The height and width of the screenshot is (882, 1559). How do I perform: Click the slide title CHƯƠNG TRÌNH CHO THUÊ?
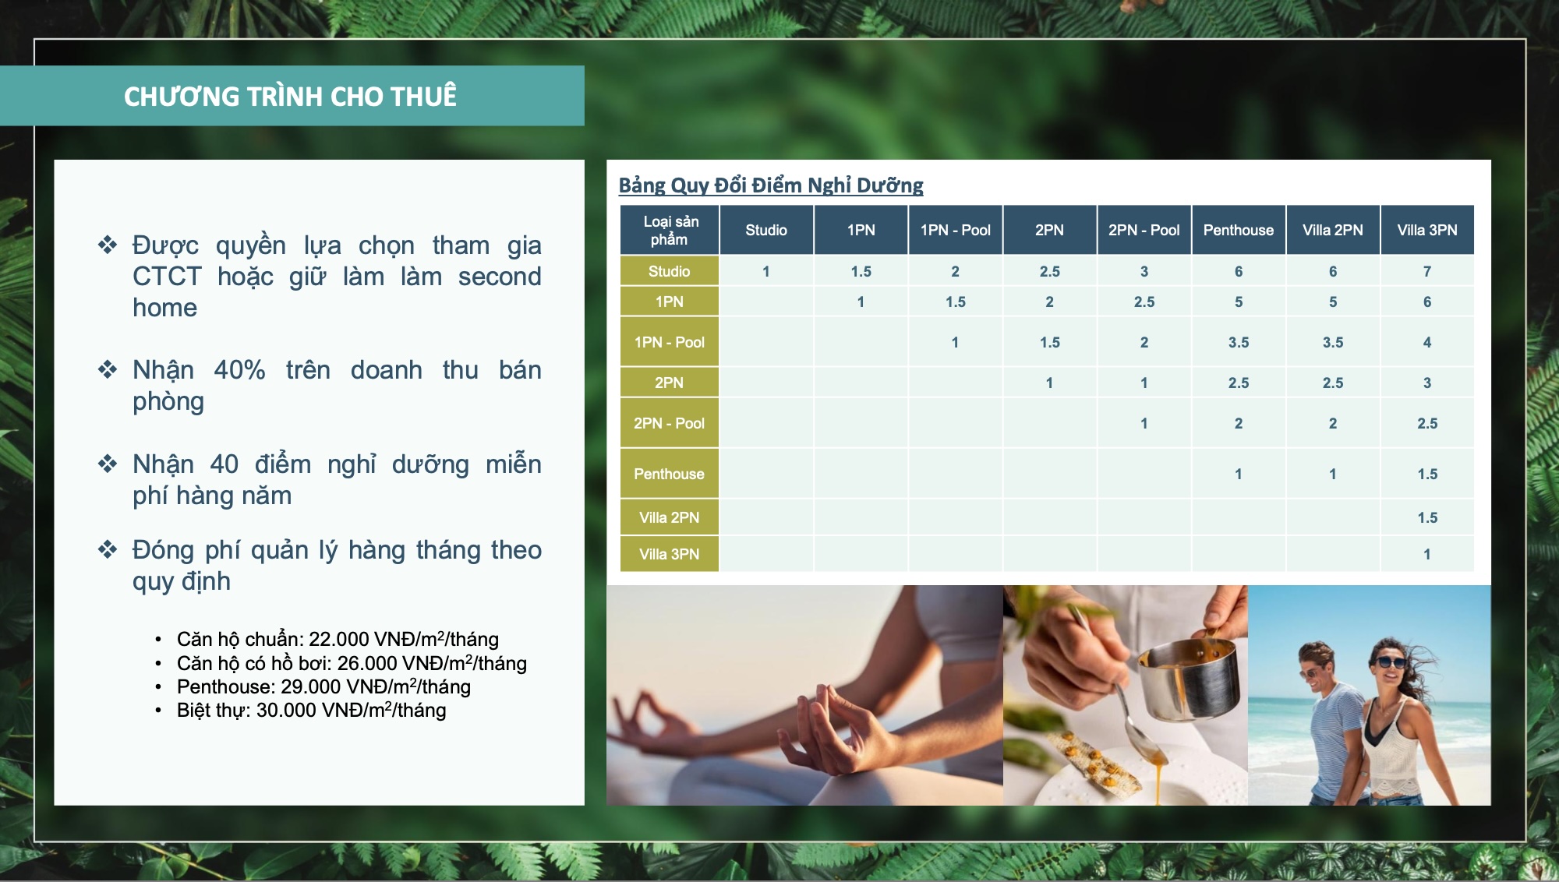point(290,96)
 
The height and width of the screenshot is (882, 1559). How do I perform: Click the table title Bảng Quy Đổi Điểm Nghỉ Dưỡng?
point(771,185)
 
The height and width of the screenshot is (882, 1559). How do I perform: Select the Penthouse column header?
point(1239,230)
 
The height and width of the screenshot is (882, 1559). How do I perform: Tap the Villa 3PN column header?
point(1427,230)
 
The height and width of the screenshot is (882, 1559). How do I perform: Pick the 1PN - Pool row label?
point(670,342)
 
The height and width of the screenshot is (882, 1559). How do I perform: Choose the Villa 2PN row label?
point(670,517)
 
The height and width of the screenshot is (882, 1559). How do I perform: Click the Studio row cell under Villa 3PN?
point(1427,271)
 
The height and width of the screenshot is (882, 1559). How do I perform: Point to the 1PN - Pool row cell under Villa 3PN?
point(1427,342)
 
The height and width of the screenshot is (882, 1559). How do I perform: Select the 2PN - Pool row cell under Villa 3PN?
point(1427,423)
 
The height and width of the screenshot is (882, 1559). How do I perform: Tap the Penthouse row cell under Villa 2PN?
point(1333,474)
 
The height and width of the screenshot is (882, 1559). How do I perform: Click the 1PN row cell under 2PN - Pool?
point(1144,302)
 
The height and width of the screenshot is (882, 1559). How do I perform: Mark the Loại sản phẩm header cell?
point(670,230)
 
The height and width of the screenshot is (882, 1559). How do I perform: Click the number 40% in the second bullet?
point(239,370)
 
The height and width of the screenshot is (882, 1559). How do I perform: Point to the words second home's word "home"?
point(164,308)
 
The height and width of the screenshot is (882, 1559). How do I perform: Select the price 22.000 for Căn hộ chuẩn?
point(339,640)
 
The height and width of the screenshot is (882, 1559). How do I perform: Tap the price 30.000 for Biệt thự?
point(286,711)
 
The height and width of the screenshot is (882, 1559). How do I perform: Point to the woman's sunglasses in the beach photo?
point(1390,663)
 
